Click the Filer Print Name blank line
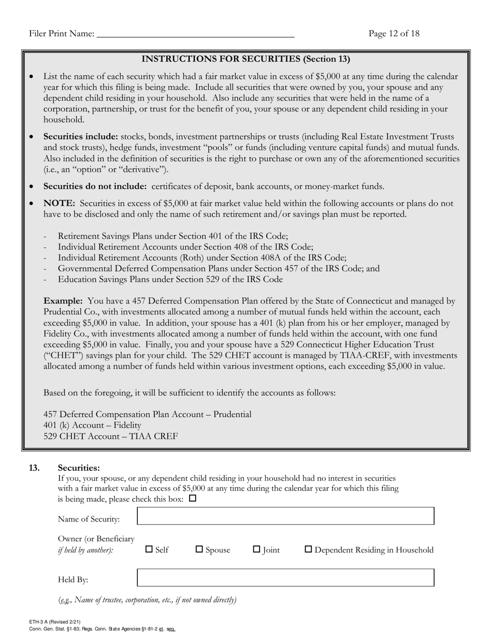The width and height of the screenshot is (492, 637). coord(195,34)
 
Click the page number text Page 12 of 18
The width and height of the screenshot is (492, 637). coord(394,34)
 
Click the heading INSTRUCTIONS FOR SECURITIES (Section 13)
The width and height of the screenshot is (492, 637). coord(246,59)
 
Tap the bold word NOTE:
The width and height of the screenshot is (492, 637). coord(60,204)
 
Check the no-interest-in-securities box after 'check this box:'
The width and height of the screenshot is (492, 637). coord(193,499)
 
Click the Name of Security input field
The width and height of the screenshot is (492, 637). coord(285,516)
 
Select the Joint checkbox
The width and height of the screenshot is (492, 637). coord(256,549)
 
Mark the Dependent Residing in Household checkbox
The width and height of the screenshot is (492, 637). coord(308,549)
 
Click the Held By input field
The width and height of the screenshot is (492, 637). coord(285,577)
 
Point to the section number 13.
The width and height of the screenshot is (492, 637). coord(34,468)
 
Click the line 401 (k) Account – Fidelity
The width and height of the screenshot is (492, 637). coord(92,425)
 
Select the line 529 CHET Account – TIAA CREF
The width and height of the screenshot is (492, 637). coord(110,436)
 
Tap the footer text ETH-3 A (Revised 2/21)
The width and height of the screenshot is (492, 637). coord(54,621)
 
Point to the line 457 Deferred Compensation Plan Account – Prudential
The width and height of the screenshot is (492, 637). coord(147,414)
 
